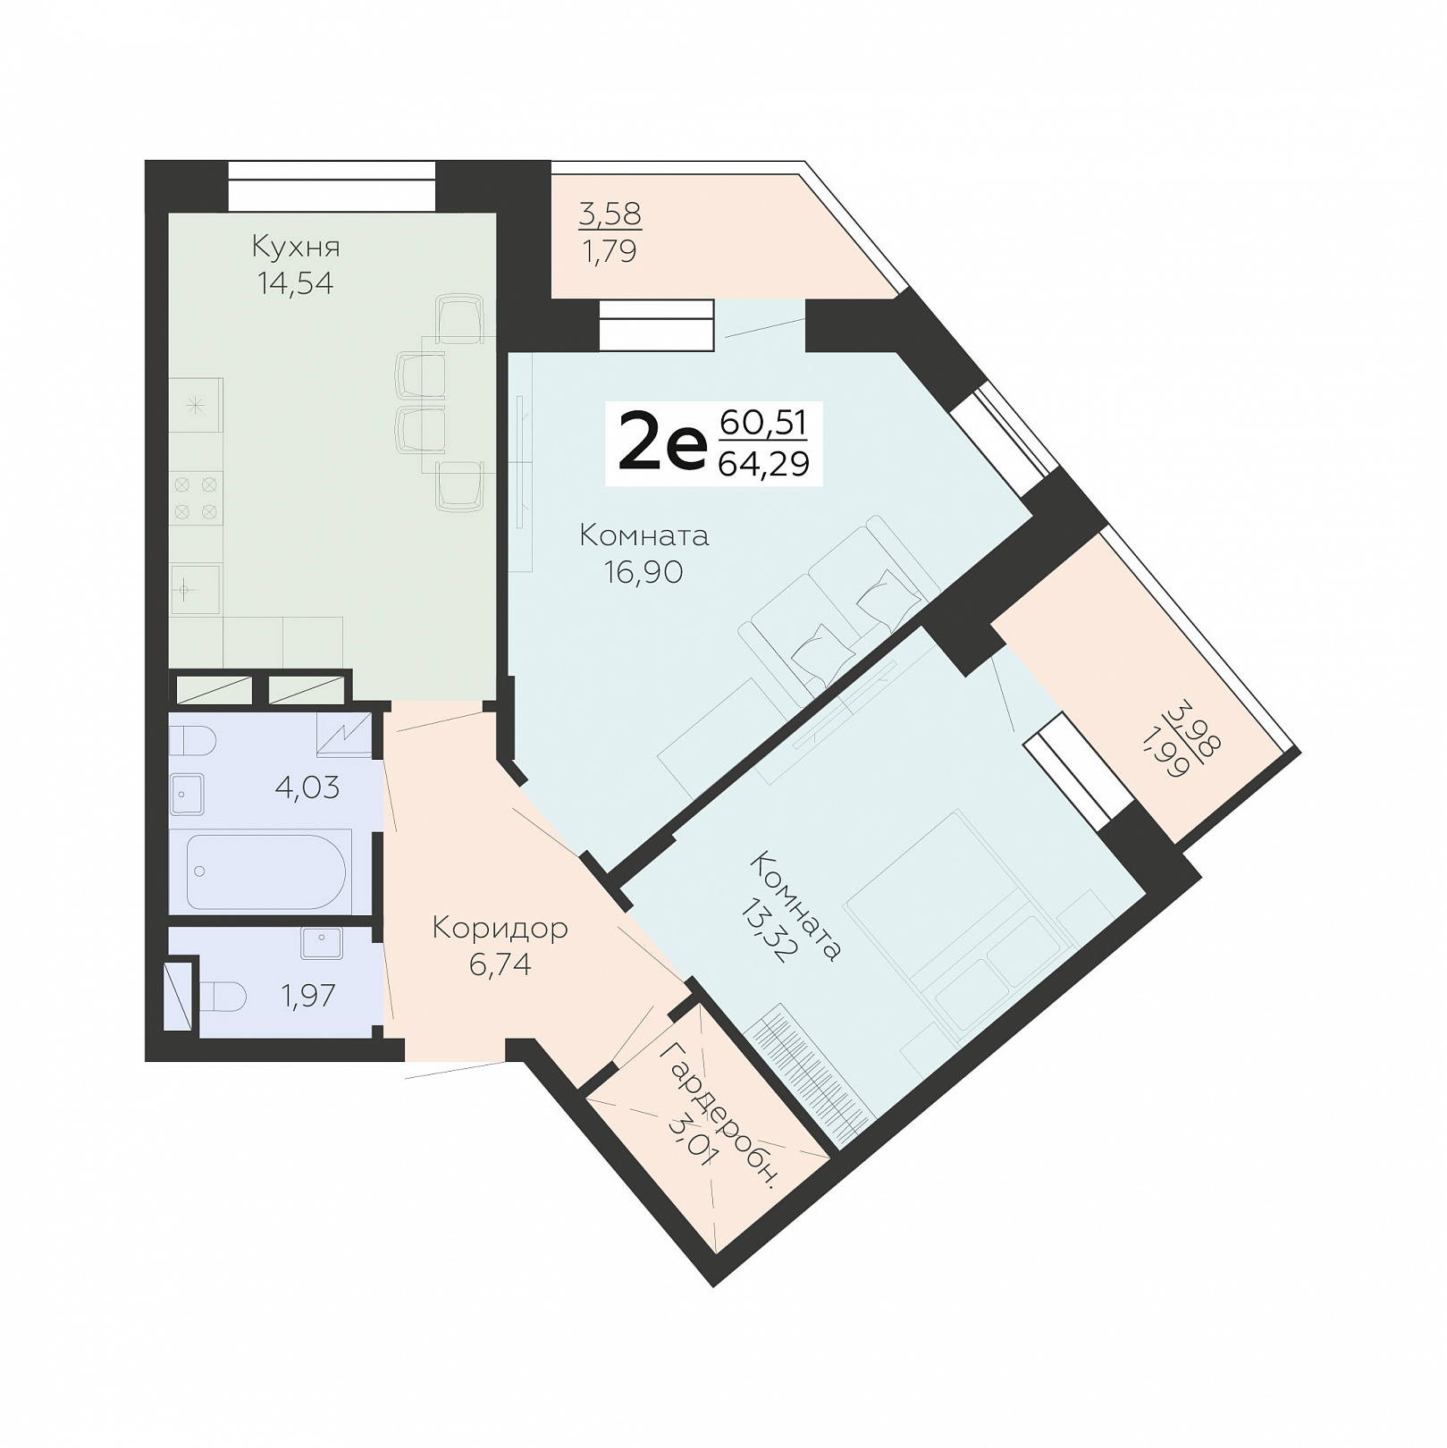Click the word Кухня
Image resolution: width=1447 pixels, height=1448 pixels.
click(296, 246)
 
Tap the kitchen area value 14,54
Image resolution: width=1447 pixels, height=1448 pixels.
click(296, 283)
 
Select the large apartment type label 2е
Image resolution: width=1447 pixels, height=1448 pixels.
click(662, 444)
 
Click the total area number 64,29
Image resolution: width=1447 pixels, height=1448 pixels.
click(764, 464)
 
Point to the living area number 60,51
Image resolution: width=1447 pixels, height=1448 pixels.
click(763, 422)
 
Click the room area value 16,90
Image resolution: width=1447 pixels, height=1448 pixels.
click(644, 572)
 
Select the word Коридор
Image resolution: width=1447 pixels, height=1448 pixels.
click(500, 929)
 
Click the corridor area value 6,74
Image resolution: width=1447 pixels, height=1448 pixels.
click(501, 964)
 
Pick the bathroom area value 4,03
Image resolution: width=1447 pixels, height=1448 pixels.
click(307, 787)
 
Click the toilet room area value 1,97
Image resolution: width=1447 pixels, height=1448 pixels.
click(308, 996)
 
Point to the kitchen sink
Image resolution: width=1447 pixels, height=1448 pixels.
click(195, 589)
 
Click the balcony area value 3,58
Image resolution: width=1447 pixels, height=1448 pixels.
click(610, 215)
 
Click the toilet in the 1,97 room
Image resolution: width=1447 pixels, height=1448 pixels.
click(222, 997)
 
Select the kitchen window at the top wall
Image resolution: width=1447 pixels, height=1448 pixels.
click(332, 185)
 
